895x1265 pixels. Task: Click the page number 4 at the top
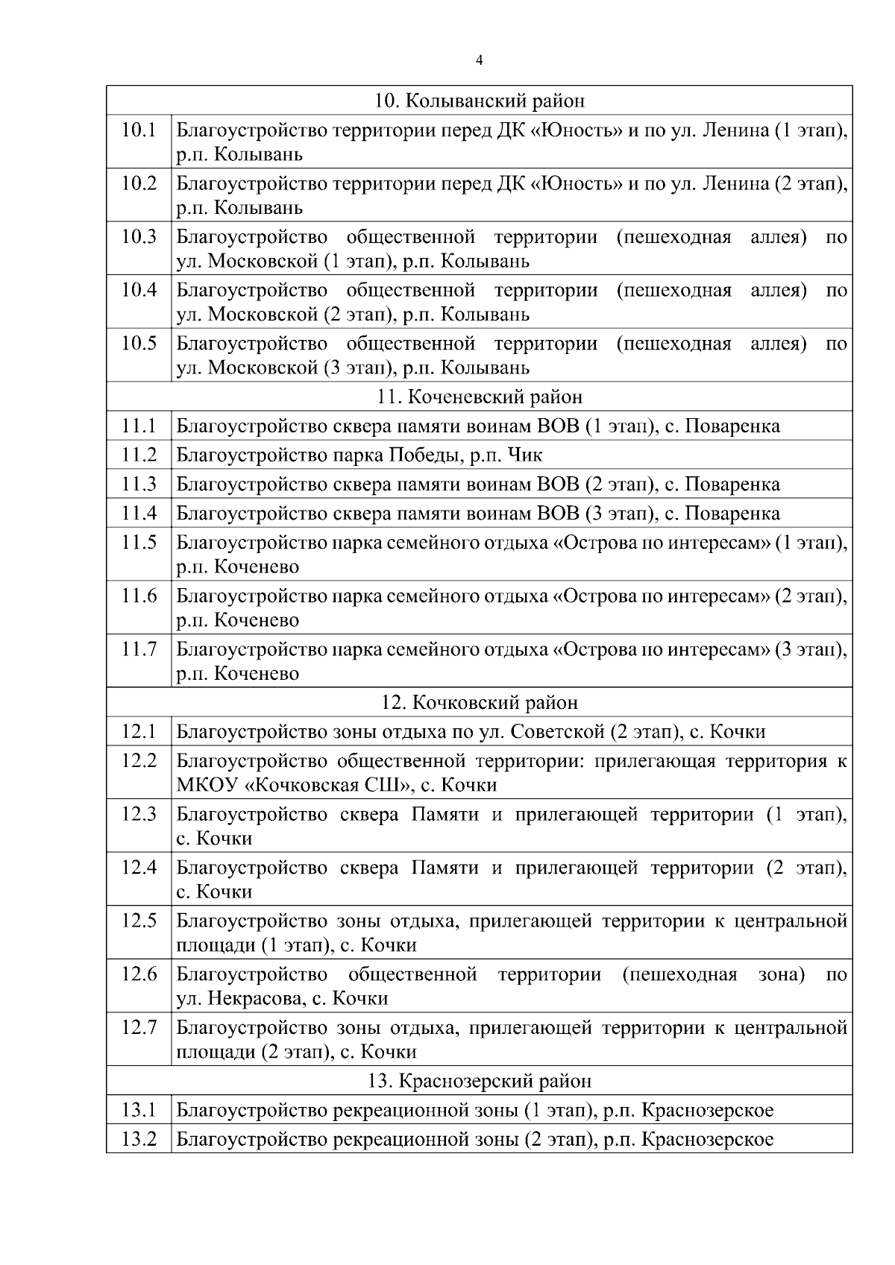pos(479,60)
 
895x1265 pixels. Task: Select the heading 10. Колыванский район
pos(479,101)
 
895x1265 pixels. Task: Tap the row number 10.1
pos(139,130)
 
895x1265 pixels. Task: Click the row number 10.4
pos(139,290)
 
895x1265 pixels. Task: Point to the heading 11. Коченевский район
pos(479,397)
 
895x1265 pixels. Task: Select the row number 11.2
pos(139,455)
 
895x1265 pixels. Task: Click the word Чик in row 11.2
pos(525,455)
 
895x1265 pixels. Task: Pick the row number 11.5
pos(139,542)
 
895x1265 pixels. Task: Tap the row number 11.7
pos(139,649)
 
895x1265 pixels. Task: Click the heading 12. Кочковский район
pos(479,702)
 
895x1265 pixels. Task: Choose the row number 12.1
pos(139,732)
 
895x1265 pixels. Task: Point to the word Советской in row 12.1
pos(557,732)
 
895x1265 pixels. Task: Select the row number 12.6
pos(139,974)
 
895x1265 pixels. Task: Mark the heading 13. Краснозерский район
pos(479,1081)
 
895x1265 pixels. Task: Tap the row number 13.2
pos(139,1139)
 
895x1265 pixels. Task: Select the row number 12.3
pos(139,814)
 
